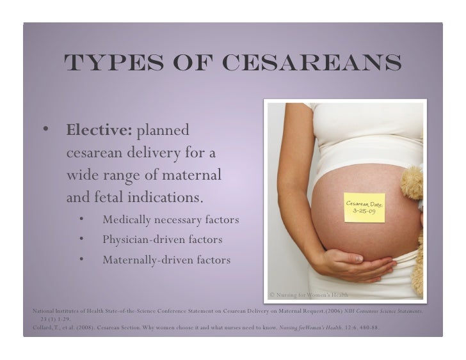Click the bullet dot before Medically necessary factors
point(82,220)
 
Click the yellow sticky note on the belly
point(364,207)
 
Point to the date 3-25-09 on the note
point(365,212)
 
